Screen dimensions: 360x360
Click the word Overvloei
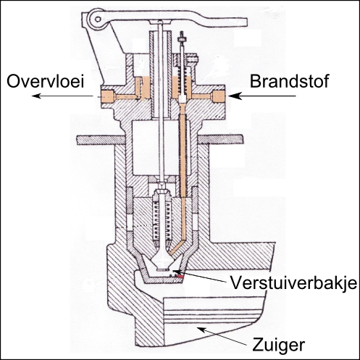pyautogui.click(x=46, y=81)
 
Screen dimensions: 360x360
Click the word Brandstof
pyautogui.click(x=289, y=81)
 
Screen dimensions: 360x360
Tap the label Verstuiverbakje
pyautogui.click(x=293, y=282)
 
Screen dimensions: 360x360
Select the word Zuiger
pyautogui.click(x=278, y=346)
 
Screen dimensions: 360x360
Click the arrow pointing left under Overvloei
pyautogui.click(x=62, y=96)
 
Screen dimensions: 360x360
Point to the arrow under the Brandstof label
pyautogui.click(x=262, y=96)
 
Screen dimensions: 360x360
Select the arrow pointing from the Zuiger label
pyautogui.click(x=222, y=337)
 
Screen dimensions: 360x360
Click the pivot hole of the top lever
pyautogui.click(x=98, y=19)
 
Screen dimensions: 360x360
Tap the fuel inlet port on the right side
pyautogui.click(x=218, y=96)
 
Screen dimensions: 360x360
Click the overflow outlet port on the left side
pyautogui.click(x=107, y=96)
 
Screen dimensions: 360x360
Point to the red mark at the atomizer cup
pyautogui.click(x=179, y=274)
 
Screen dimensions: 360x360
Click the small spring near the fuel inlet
pyautogui.click(x=183, y=79)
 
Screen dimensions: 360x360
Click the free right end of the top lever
pyautogui.click(x=244, y=22)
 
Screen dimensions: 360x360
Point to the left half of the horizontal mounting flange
pyautogui.click(x=101, y=140)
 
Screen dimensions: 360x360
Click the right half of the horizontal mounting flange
pyautogui.click(x=220, y=140)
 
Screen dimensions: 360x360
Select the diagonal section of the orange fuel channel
pyautogui.click(x=177, y=247)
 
